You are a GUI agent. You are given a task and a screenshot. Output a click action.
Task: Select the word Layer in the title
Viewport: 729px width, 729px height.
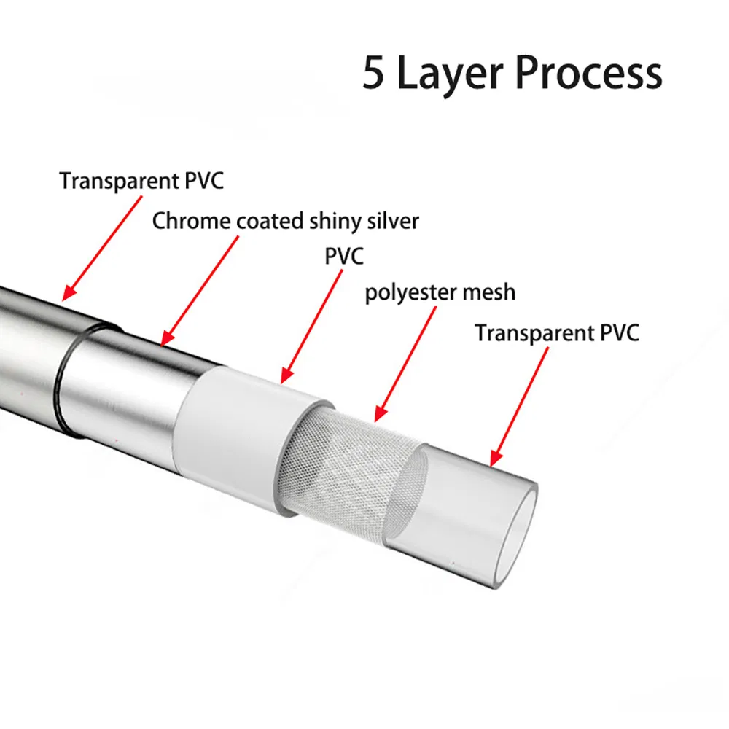[x=448, y=74]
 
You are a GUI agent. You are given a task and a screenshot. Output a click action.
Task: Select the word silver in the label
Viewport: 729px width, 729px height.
[x=394, y=221]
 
